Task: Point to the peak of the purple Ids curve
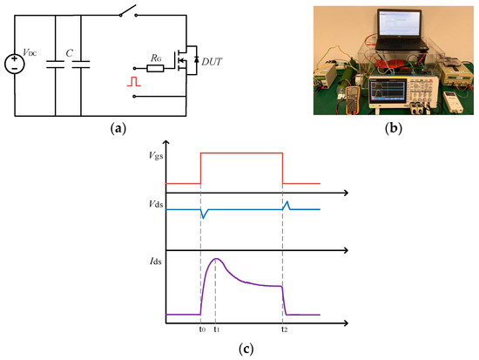216,259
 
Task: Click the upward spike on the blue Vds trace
287,204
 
